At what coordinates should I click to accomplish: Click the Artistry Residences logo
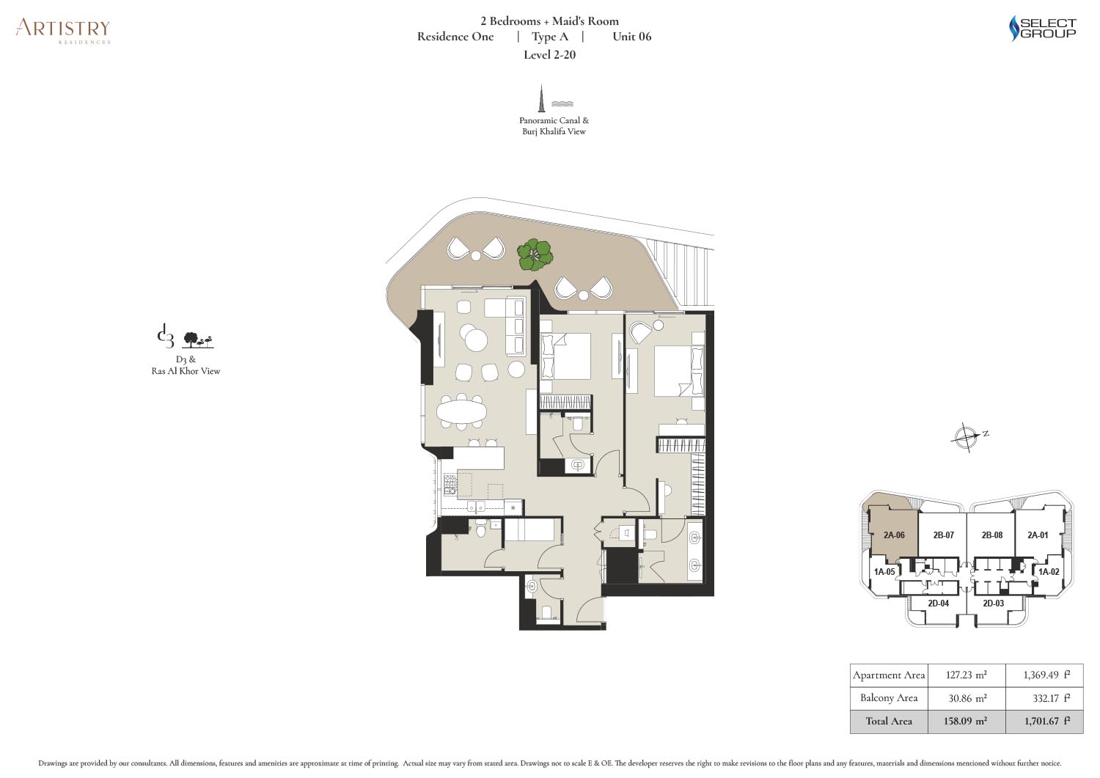[63, 31]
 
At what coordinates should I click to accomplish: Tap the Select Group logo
[1043, 28]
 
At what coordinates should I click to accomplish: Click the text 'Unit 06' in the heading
[631, 37]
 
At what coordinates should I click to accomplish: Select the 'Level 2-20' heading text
[549, 54]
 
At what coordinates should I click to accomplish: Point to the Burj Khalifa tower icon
[542, 98]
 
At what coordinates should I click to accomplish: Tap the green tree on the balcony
[535, 254]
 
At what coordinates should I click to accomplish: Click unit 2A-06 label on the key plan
[894, 535]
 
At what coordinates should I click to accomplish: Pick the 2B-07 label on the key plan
[943, 535]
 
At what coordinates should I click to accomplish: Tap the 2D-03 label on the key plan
[993, 603]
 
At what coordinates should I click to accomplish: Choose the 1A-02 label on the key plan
[1049, 572]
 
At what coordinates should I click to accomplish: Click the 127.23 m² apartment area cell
[967, 675]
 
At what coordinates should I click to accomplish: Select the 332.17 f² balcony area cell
[1044, 698]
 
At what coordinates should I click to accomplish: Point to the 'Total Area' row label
[889, 721]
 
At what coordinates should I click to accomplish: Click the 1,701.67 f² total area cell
[1044, 721]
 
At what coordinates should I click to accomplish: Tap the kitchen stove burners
[106, 484]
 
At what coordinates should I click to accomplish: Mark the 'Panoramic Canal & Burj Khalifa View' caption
[554, 125]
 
